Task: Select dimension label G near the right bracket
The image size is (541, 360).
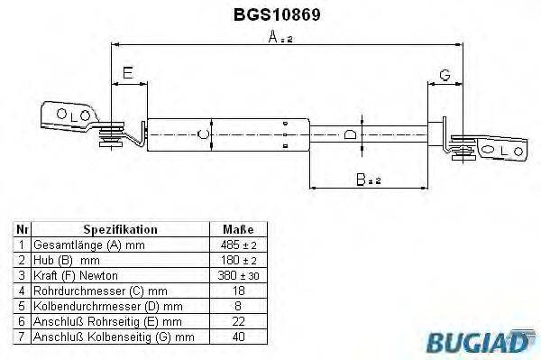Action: (x=445, y=73)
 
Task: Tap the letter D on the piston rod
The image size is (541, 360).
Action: (x=350, y=135)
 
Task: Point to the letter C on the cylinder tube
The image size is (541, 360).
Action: (x=203, y=135)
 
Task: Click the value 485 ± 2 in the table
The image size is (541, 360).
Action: (x=238, y=245)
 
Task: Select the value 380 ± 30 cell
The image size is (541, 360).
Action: (x=238, y=274)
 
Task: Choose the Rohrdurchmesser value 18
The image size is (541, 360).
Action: (x=238, y=290)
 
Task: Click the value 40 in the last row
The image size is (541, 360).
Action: (x=238, y=336)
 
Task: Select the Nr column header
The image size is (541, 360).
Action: (x=23, y=229)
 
